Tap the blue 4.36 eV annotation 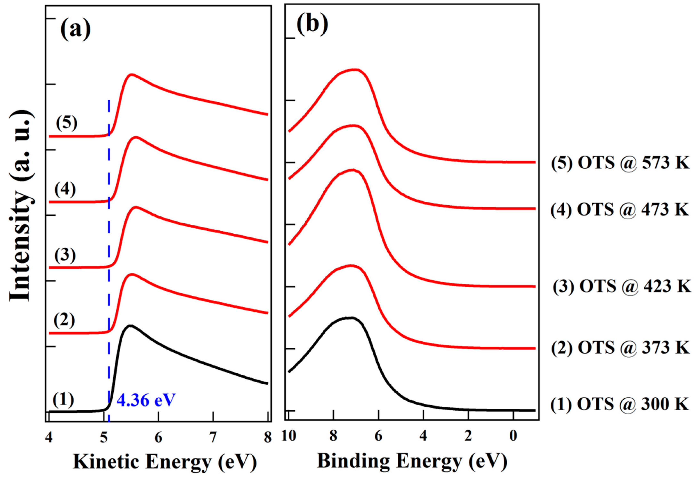pyautogui.click(x=146, y=400)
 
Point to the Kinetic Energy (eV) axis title pyautogui.click(x=165, y=462)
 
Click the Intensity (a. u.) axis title pyautogui.click(x=20, y=205)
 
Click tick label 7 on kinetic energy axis pyautogui.click(x=213, y=438)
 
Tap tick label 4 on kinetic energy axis pyautogui.click(x=49, y=438)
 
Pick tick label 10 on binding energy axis pyautogui.click(x=289, y=436)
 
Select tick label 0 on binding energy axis pyautogui.click(x=513, y=436)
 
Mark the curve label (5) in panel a pyautogui.click(x=67, y=123)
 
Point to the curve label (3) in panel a pyautogui.click(x=65, y=255)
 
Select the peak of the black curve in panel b pyautogui.click(x=352, y=318)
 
